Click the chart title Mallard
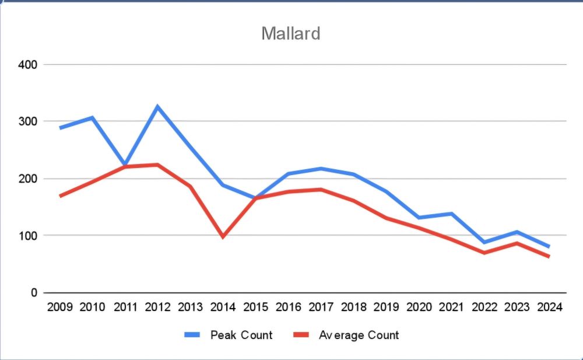coord(291,33)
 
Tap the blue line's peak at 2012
coord(157,107)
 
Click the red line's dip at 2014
coord(223,236)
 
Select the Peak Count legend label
coord(241,335)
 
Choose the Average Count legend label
coord(359,335)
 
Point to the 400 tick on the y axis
coord(27,64)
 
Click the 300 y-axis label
coord(27,121)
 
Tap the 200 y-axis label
coord(27,179)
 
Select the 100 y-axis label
coord(27,236)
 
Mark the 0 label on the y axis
coord(34,293)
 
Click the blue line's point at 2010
coord(92,118)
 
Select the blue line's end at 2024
coord(548,246)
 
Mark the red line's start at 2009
coord(60,196)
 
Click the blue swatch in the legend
coord(192,335)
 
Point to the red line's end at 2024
coord(548,256)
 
